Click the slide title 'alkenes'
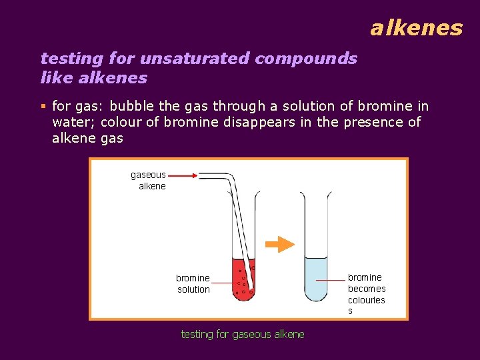[416, 28]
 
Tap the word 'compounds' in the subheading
[306, 59]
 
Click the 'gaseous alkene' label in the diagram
[149, 180]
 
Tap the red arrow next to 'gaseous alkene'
[182, 175]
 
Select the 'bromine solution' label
[193, 283]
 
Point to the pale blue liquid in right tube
[316, 280]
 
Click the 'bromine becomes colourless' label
[366, 293]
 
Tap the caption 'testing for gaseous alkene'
[243, 334]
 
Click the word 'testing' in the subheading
[68, 59]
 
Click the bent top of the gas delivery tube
[227, 179]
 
